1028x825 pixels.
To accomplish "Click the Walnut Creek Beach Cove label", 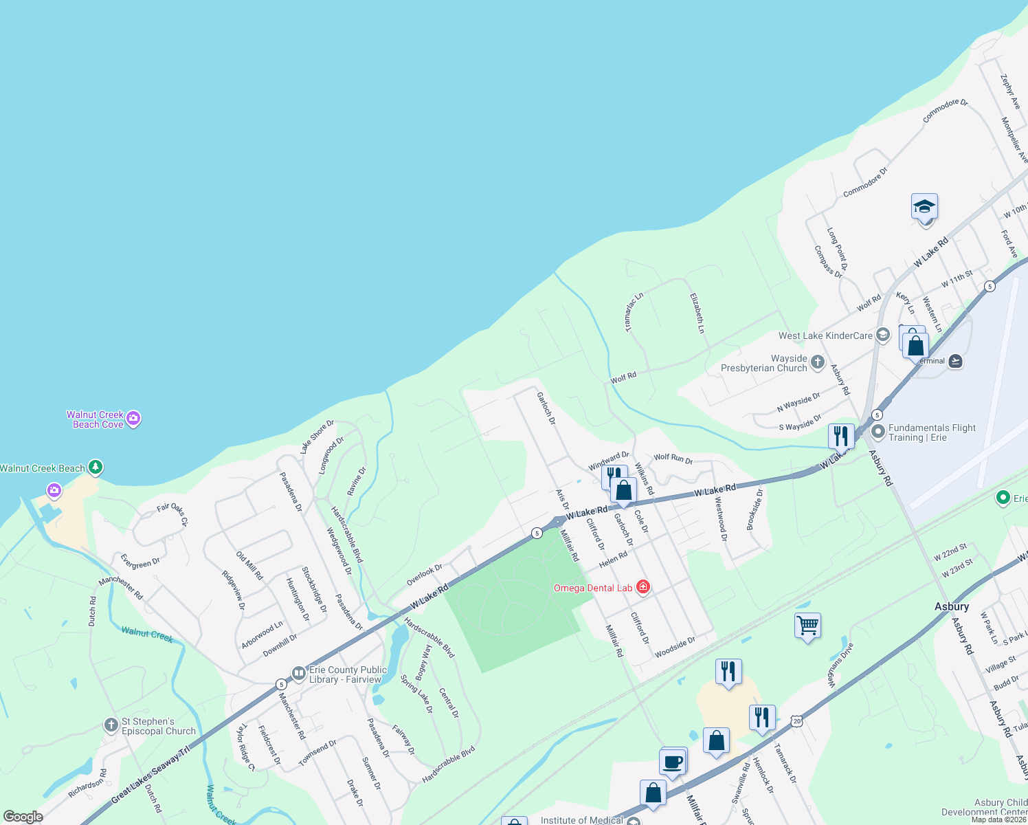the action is tap(95, 419).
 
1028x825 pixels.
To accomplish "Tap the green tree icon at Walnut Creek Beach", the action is tap(96, 468).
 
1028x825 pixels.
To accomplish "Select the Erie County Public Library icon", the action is tap(298, 674).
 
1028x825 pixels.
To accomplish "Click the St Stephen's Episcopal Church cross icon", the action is tap(111, 725).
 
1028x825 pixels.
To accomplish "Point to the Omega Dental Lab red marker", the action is tap(643, 587).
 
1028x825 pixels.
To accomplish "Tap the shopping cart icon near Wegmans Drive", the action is tap(807, 626).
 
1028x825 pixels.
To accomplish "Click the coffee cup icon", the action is tap(673, 762).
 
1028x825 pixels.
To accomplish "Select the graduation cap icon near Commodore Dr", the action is tap(924, 206).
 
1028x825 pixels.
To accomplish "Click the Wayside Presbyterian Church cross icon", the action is tap(817, 362).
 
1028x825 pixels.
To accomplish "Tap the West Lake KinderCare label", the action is tap(825, 335).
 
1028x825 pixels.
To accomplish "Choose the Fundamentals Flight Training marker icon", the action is tap(878, 432).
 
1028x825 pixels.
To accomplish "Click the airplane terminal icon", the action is tap(955, 361).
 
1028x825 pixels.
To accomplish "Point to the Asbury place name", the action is tap(952, 606).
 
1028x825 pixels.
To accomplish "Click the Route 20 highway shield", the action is tap(796, 720).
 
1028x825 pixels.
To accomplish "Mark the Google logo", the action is tap(23, 817).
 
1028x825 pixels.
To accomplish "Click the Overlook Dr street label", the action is tap(424, 575).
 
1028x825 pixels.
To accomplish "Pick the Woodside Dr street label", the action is tap(675, 648).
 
